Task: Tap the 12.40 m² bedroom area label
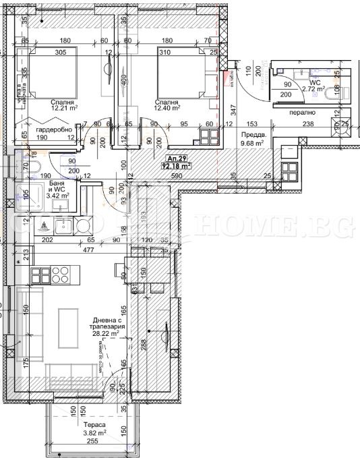point(167,107)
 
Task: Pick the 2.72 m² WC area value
point(313,88)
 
